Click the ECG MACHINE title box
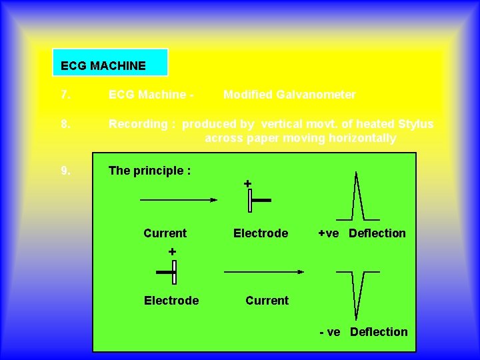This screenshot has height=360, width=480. tap(110, 63)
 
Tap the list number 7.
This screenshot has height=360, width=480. tap(65, 95)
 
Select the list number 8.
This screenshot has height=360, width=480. tap(65, 124)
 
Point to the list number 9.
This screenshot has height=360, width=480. tap(65, 171)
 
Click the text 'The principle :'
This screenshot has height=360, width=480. tap(150, 171)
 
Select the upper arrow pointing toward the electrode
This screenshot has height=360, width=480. tap(179, 199)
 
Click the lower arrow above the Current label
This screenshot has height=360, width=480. tap(264, 271)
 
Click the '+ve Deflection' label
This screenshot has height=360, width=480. tap(362, 233)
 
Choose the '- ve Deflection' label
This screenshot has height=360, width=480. tap(363, 332)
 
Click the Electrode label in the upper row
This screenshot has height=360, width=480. tap(261, 233)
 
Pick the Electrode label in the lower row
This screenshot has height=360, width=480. tap(171, 301)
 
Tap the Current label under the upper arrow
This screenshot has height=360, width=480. tap(165, 233)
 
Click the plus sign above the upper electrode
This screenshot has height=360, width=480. tap(247, 183)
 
